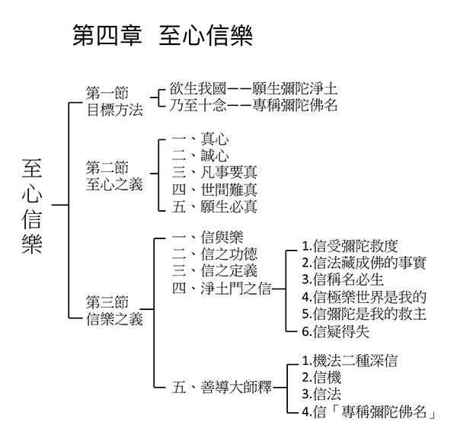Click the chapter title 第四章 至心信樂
point(162,35)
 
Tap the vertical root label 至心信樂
point(32,206)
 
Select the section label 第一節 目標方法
point(114,101)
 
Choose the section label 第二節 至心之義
point(114,176)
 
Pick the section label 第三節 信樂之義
point(114,310)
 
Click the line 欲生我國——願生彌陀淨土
point(253,88)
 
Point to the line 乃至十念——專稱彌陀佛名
point(253,105)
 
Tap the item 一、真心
point(200,139)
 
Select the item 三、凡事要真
point(215,172)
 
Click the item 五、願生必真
point(215,206)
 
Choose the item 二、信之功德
point(215,254)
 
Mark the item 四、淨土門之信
point(222,289)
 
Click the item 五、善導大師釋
point(222,388)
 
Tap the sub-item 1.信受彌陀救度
point(350,246)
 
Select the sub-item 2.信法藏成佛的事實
point(364,263)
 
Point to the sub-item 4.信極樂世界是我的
point(364,297)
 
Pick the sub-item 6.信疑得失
point(335,331)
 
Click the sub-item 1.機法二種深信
point(350,361)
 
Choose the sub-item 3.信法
point(321,394)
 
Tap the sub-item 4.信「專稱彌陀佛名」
point(369,412)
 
